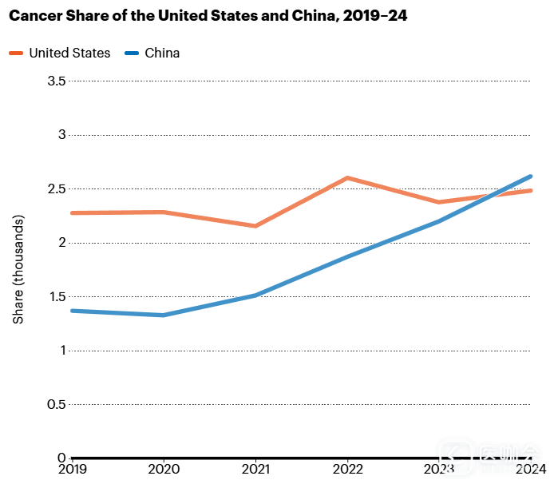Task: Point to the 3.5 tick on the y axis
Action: coord(57,81)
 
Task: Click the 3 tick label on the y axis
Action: coord(61,135)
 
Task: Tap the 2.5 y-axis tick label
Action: coord(57,189)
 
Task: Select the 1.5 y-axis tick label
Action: coord(57,297)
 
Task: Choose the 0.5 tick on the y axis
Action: coord(57,404)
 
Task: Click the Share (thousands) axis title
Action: coord(19,269)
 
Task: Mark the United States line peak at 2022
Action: coord(347,178)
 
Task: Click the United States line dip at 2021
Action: coord(255,226)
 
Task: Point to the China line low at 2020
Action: coord(164,315)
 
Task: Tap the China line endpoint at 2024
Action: coord(530,177)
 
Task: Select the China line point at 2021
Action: coord(255,295)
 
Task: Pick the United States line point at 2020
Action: coord(164,212)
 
